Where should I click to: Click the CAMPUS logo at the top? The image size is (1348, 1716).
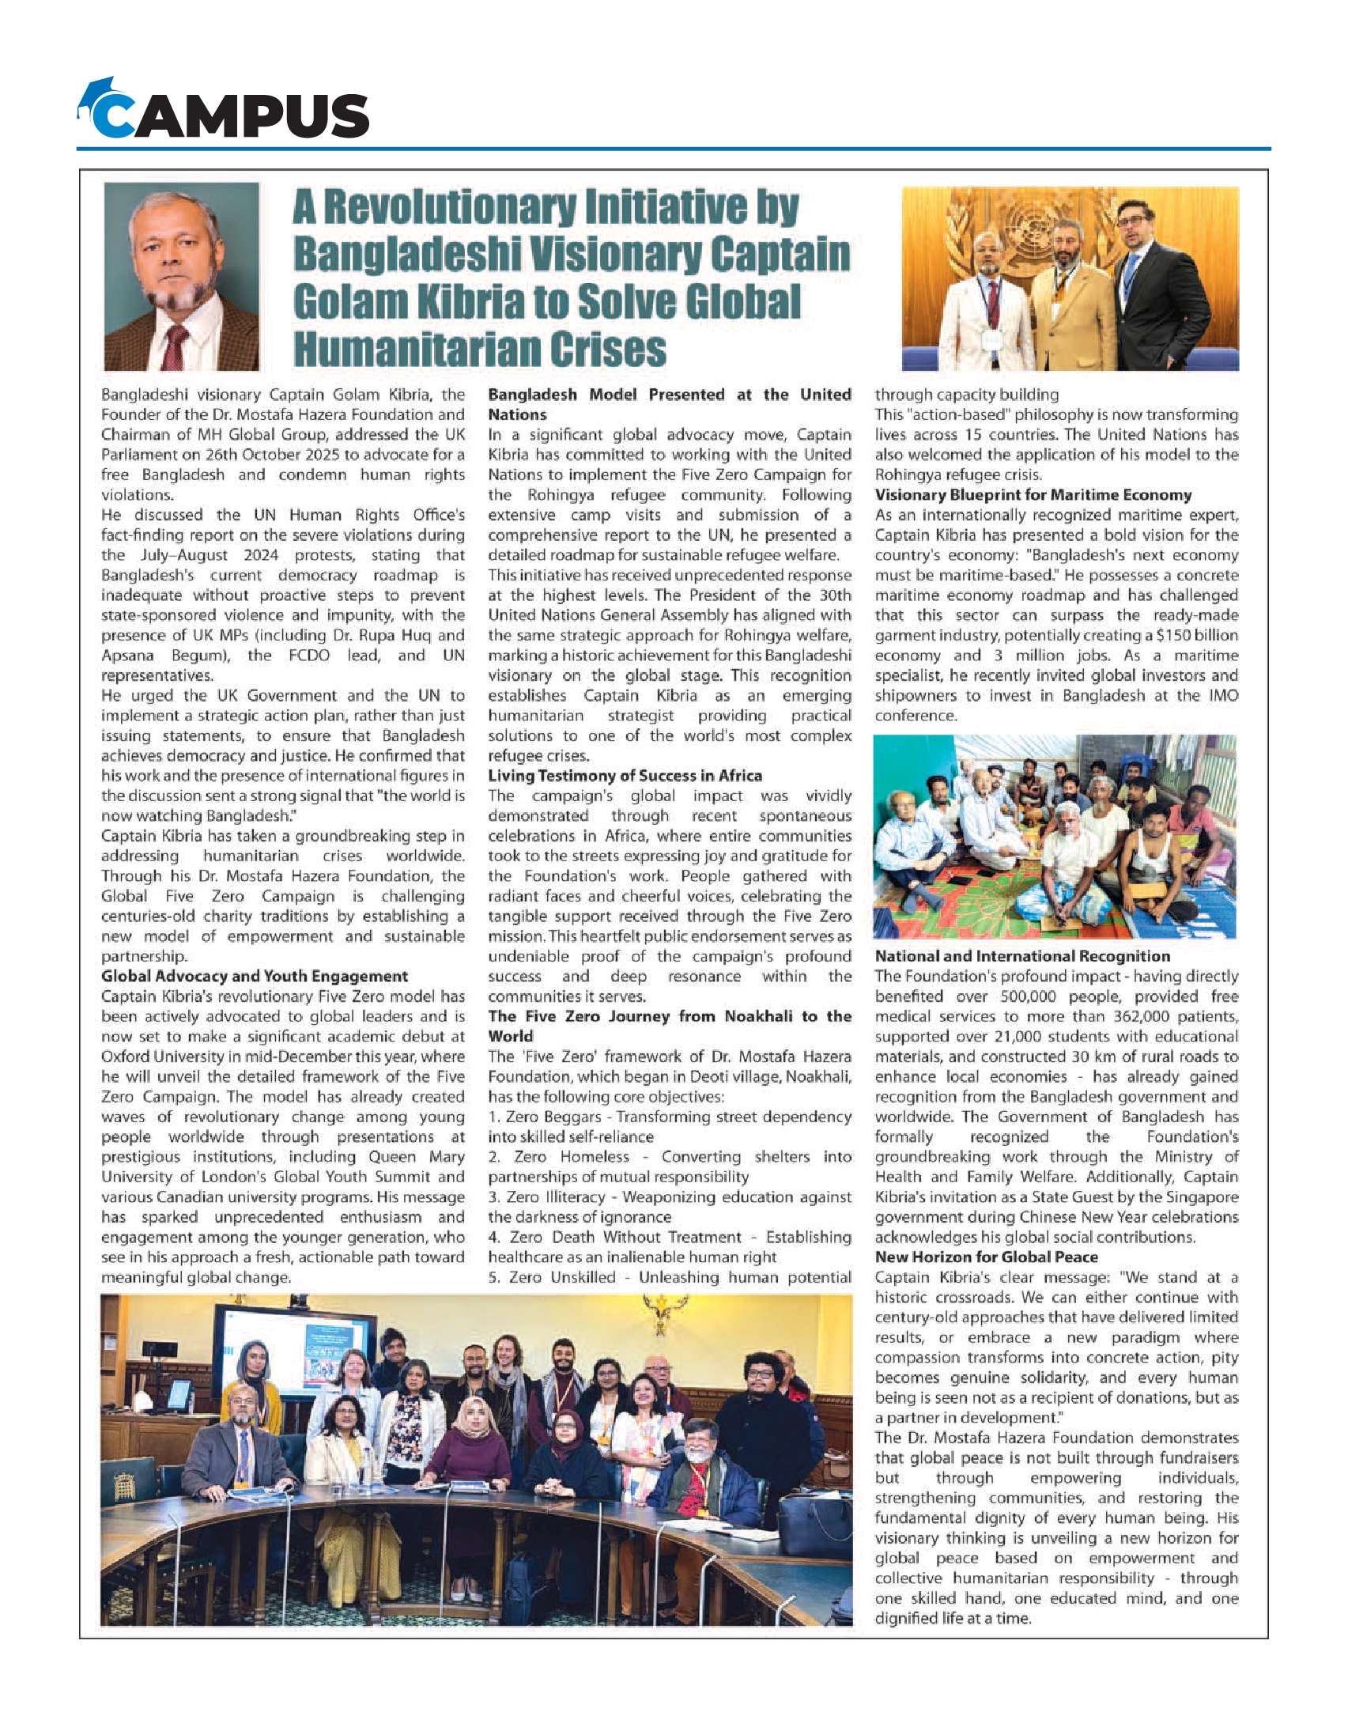click(224, 111)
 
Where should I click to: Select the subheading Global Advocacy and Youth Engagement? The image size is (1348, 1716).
click(254, 976)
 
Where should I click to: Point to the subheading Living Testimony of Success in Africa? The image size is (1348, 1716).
click(625, 776)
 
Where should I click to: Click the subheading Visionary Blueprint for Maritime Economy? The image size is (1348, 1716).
click(1033, 495)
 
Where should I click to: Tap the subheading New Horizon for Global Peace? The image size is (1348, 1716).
click(986, 1257)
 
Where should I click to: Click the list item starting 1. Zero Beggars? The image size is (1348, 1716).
click(669, 1117)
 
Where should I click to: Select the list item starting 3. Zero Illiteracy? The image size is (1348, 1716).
click(669, 1197)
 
